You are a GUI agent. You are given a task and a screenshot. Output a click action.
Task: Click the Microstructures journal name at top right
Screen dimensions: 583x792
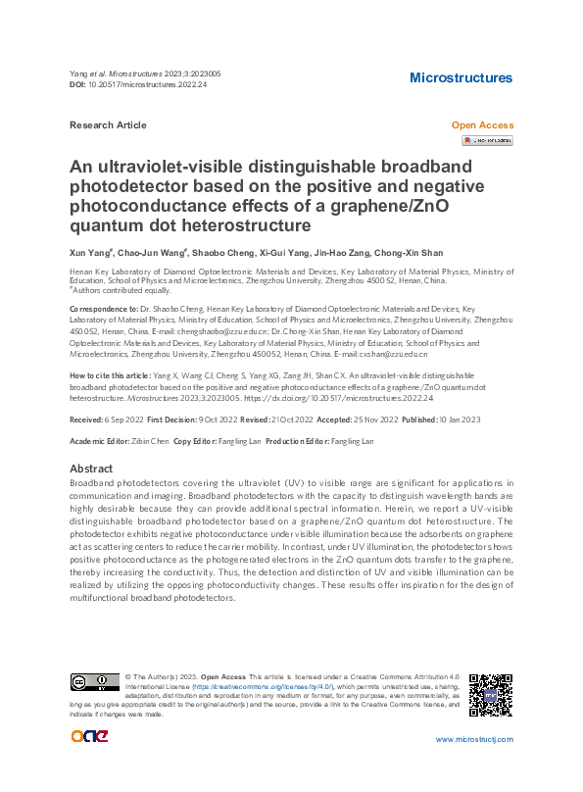[x=461, y=77]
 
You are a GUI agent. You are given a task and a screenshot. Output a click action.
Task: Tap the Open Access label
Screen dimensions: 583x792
[x=481, y=125]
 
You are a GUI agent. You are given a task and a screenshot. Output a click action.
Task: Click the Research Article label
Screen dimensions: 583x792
[x=109, y=125]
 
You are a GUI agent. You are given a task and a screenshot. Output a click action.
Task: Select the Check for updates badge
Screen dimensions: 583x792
[x=487, y=141]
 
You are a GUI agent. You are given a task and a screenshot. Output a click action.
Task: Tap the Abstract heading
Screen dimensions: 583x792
[x=91, y=469]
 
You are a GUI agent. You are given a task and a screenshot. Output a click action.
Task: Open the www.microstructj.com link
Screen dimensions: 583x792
[x=474, y=739]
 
